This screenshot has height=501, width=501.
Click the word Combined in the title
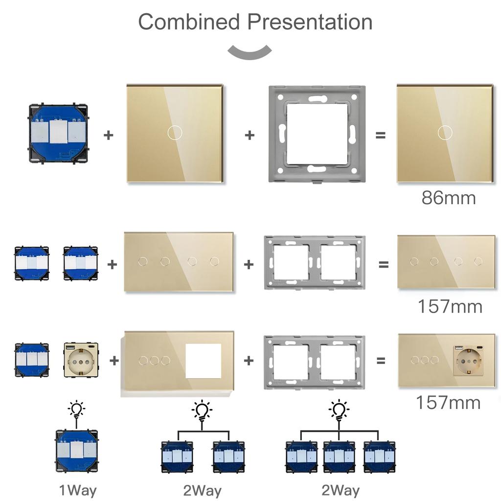coord(189,22)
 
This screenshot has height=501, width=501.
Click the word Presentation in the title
coord(309,22)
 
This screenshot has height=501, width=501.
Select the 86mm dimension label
coord(448,198)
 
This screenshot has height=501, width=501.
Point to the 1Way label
coord(77,490)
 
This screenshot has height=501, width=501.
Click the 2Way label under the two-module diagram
coord(203,490)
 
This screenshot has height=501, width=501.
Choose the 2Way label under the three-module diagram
coord(341,490)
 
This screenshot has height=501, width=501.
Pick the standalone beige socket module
coord(81,361)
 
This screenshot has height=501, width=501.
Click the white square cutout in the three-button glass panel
coord(203,361)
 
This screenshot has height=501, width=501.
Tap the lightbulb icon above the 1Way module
coord(76,409)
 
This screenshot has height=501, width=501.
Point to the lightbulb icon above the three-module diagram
coord(338,410)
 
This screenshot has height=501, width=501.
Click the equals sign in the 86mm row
coord(380,135)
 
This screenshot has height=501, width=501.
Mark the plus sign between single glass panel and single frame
coord(250,135)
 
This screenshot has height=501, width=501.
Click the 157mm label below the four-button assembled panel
coord(450,306)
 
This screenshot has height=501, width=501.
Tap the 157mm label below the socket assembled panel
coord(448,402)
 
